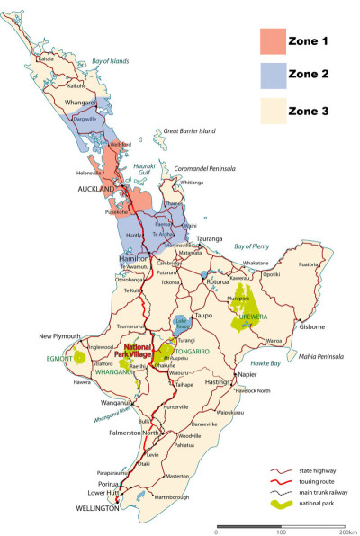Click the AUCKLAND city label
[96, 190]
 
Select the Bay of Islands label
[110, 60]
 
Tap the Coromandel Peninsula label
[203, 168]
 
